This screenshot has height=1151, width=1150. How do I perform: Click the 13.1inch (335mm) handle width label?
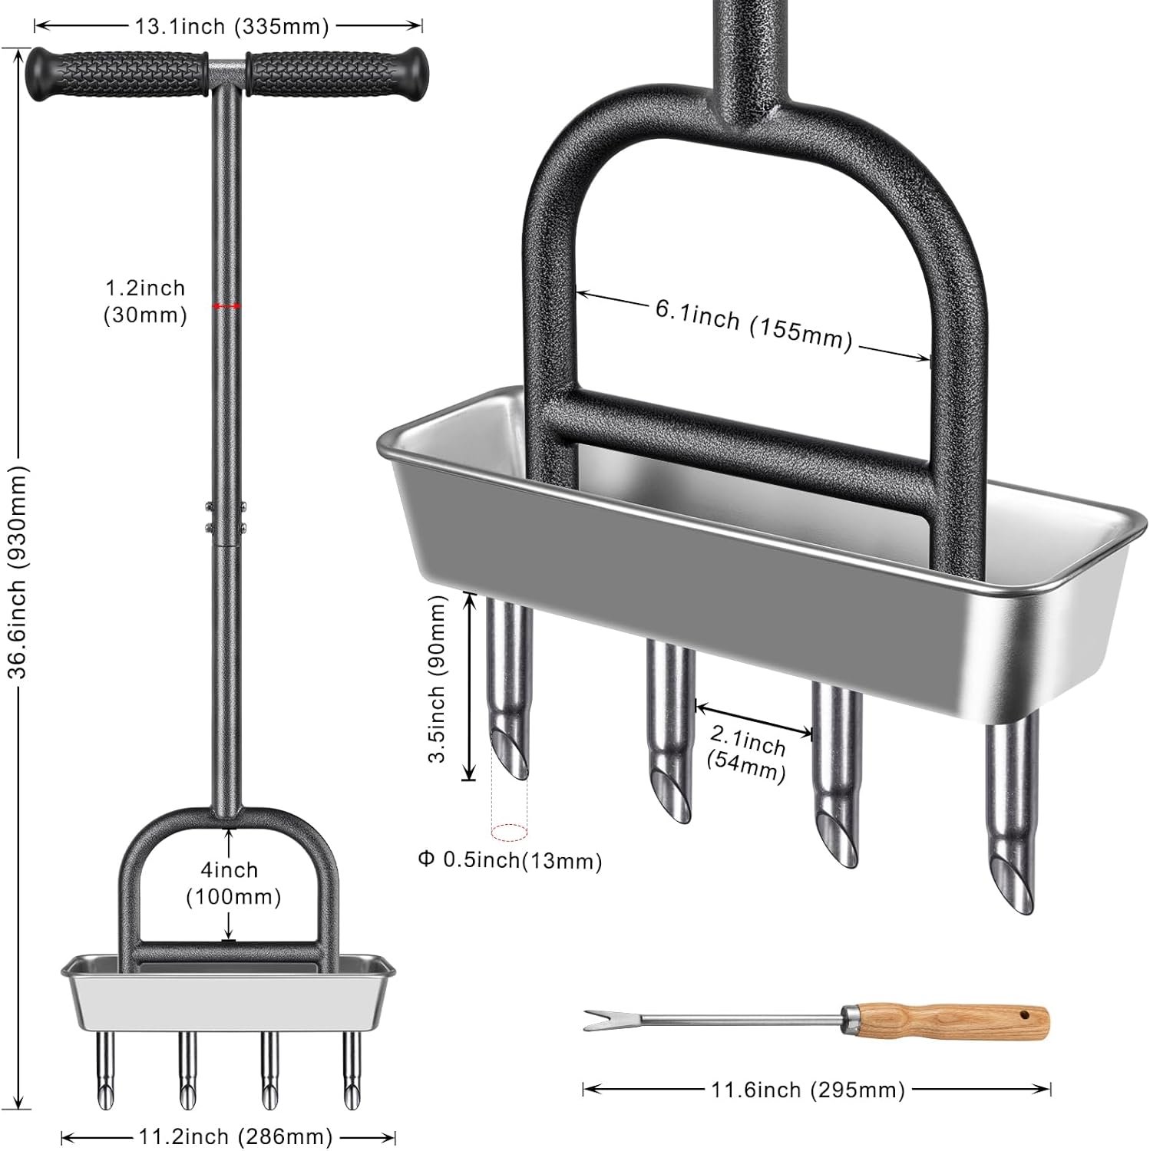pos(232,26)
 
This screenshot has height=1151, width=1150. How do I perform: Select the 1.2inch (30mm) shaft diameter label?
pos(145,302)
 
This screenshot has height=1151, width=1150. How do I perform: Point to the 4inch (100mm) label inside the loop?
pos(233,882)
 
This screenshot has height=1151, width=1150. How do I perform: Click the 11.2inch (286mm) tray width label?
pos(235,1136)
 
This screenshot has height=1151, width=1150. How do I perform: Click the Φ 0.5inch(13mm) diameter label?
pos(510,860)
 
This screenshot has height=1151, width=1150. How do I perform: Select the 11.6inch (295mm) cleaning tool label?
pos(808,1089)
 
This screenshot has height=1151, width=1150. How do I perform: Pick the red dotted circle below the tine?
pos(509,832)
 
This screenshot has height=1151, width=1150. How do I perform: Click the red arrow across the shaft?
pos(227,306)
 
